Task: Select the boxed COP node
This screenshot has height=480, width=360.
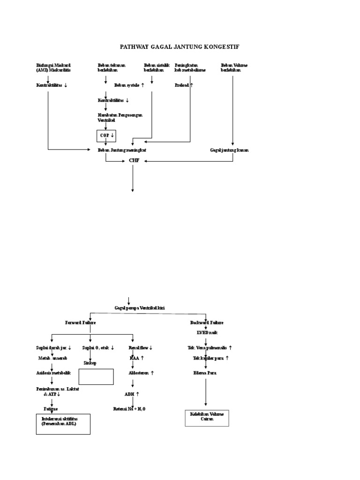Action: coord(106,135)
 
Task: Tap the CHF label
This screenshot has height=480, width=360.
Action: coord(134,160)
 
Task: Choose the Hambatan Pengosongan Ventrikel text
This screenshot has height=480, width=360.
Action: coord(120,117)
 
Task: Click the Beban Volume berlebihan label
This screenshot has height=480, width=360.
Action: coord(234,67)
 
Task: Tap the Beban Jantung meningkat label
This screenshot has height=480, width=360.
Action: coord(125,150)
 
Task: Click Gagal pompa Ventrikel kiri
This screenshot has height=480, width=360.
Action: coord(140,307)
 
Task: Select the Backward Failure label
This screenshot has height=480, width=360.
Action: coord(206,322)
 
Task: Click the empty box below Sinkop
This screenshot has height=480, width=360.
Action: coord(96,376)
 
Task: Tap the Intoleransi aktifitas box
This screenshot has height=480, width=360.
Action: coord(63,424)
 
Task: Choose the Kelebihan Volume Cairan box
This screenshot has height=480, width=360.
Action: coord(207,417)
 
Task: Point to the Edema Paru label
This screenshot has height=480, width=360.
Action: coord(205,373)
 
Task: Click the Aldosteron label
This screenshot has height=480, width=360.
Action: coord(141,373)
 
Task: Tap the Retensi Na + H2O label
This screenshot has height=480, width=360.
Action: coord(129,409)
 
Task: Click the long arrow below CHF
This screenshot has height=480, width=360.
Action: coord(133,178)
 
